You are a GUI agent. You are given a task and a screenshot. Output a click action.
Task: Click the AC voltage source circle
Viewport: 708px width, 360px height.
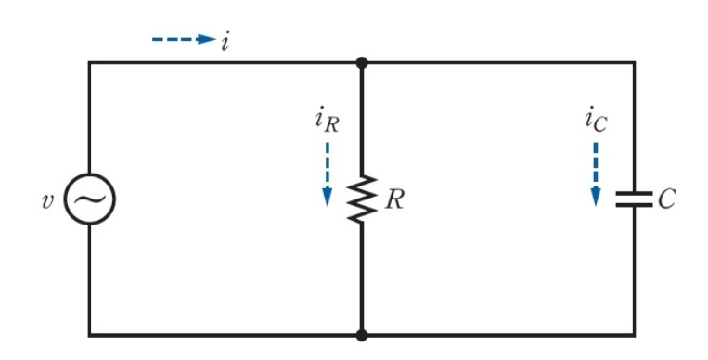(89, 199)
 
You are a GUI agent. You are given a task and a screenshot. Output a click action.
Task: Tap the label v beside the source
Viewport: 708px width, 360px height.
(49, 199)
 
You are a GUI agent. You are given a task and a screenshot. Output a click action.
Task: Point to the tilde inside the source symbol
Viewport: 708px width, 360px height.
(89, 199)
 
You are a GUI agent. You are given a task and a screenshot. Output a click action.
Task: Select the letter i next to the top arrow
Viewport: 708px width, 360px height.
(225, 41)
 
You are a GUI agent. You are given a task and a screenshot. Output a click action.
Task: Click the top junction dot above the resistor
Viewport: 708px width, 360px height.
(362, 62)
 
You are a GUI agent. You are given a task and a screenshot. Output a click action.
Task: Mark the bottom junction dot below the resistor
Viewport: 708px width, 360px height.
(362, 335)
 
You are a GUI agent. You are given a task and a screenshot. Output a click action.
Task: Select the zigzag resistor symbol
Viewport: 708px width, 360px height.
(362, 199)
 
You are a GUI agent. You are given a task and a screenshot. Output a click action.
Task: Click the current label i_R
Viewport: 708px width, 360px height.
(326, 122)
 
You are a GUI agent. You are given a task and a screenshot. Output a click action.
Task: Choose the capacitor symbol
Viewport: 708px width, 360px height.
(635, 199)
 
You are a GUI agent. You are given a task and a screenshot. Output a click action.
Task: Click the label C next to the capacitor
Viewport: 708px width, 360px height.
(667, 199)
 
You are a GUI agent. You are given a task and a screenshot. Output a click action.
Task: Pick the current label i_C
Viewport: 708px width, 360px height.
(596, 120)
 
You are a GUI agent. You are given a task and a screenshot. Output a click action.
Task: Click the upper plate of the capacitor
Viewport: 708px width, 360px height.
(635, 193)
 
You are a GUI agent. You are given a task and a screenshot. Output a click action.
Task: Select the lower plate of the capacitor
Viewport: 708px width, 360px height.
(635, 205)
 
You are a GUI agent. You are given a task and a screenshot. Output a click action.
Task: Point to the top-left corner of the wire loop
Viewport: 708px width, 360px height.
(89, 62)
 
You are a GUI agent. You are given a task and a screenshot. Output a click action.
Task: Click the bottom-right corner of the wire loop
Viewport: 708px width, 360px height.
(635, 335)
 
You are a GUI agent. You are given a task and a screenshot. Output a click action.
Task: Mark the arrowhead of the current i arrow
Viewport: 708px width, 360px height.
(208, 40)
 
